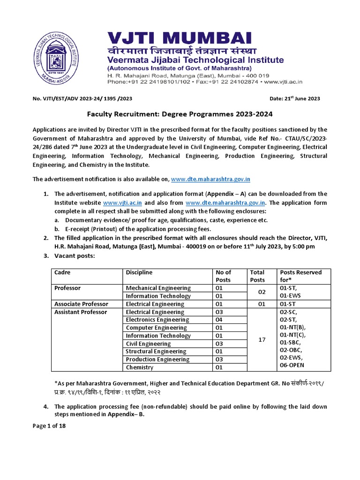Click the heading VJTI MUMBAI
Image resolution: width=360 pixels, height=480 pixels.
point(172,39)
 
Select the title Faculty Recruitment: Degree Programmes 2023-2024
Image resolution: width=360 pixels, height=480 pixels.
point(180,114)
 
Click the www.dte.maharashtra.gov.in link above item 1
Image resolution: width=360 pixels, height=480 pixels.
point(211,179)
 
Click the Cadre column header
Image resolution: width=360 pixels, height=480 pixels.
point(62,272)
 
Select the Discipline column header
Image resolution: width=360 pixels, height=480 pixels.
point(139,272)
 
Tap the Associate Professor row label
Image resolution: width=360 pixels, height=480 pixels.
point(81,304)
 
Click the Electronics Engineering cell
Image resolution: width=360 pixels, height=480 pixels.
point(157,320)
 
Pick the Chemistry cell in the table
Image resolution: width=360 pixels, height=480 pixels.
point(140,367)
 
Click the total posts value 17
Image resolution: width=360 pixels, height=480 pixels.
point(262,339)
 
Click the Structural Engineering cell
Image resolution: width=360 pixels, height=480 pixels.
point(156,352)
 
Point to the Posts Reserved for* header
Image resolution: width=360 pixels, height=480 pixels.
point(300,276)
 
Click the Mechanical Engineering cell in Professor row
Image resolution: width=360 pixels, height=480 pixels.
point(158,288)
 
